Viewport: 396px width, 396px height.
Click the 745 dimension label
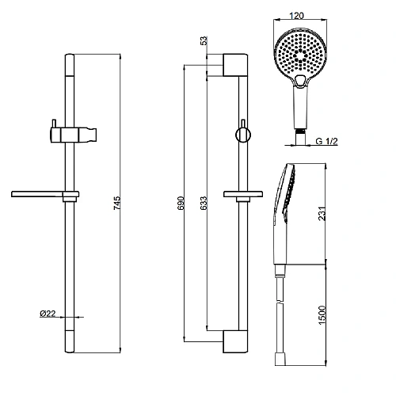[117, 203]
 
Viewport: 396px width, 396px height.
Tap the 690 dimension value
[181, 203]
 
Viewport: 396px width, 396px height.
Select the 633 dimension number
[204, 203]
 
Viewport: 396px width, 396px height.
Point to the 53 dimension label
[204, 40]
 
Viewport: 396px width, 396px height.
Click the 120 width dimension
[296, 16]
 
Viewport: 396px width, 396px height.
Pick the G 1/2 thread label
[327, 141]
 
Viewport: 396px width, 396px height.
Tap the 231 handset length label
[322, 214]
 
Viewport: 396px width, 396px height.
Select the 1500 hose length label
[322, 315]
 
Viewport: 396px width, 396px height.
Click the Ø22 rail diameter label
[48, 314]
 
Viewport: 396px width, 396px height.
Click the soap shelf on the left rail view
[45, 195]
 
